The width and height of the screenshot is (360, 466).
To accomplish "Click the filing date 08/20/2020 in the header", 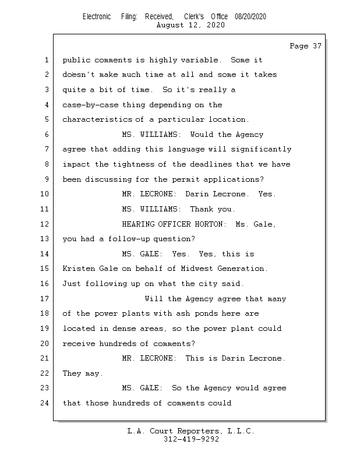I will click(250, 17).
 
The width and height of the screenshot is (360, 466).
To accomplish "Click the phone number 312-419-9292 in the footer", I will click(191, 439).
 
